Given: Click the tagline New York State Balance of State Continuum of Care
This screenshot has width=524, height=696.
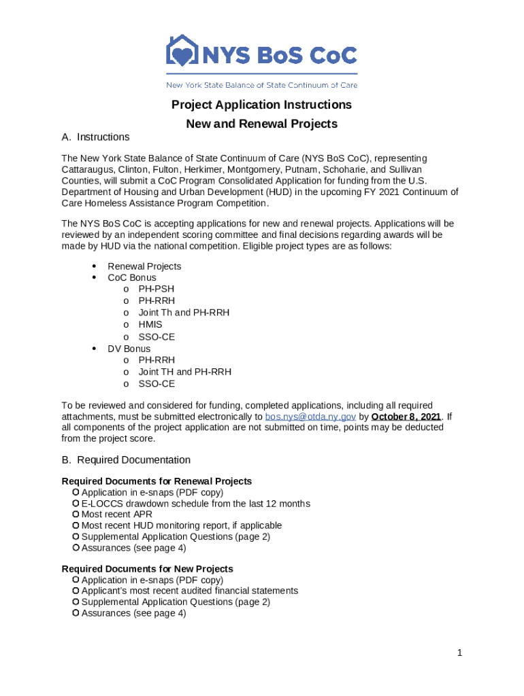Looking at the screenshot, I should click(262, 85).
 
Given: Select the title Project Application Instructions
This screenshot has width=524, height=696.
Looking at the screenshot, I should click(261, 105).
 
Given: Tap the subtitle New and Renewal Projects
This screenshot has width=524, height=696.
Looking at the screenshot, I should click(261, 124).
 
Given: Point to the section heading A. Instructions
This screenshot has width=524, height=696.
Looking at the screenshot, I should click(95, 137).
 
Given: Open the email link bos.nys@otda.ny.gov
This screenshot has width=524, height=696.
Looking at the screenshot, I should click(310, 417).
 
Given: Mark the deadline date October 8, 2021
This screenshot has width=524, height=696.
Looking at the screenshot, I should click(406, 417).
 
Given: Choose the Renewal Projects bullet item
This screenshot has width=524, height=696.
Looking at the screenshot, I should click(144, 266).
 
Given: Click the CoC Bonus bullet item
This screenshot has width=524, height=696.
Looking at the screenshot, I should click(132, 277).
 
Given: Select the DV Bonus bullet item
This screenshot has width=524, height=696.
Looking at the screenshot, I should click(129, 349).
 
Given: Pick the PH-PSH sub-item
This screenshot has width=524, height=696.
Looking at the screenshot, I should click(156, 289).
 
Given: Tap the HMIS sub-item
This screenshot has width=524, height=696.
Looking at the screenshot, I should click(150, 324).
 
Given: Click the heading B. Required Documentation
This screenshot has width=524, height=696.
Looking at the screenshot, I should click(126, 460).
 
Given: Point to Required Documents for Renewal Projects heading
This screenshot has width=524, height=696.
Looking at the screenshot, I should click(157, 481).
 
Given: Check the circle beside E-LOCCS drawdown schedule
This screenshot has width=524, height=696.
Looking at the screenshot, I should click(76, 504).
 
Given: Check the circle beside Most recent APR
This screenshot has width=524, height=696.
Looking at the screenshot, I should click(76, 515).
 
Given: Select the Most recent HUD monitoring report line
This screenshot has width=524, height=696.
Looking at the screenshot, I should click(181, 525).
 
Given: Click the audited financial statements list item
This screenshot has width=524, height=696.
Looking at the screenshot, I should click(189, 591).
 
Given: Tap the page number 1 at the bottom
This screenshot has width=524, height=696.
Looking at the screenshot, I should click(459, 653).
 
